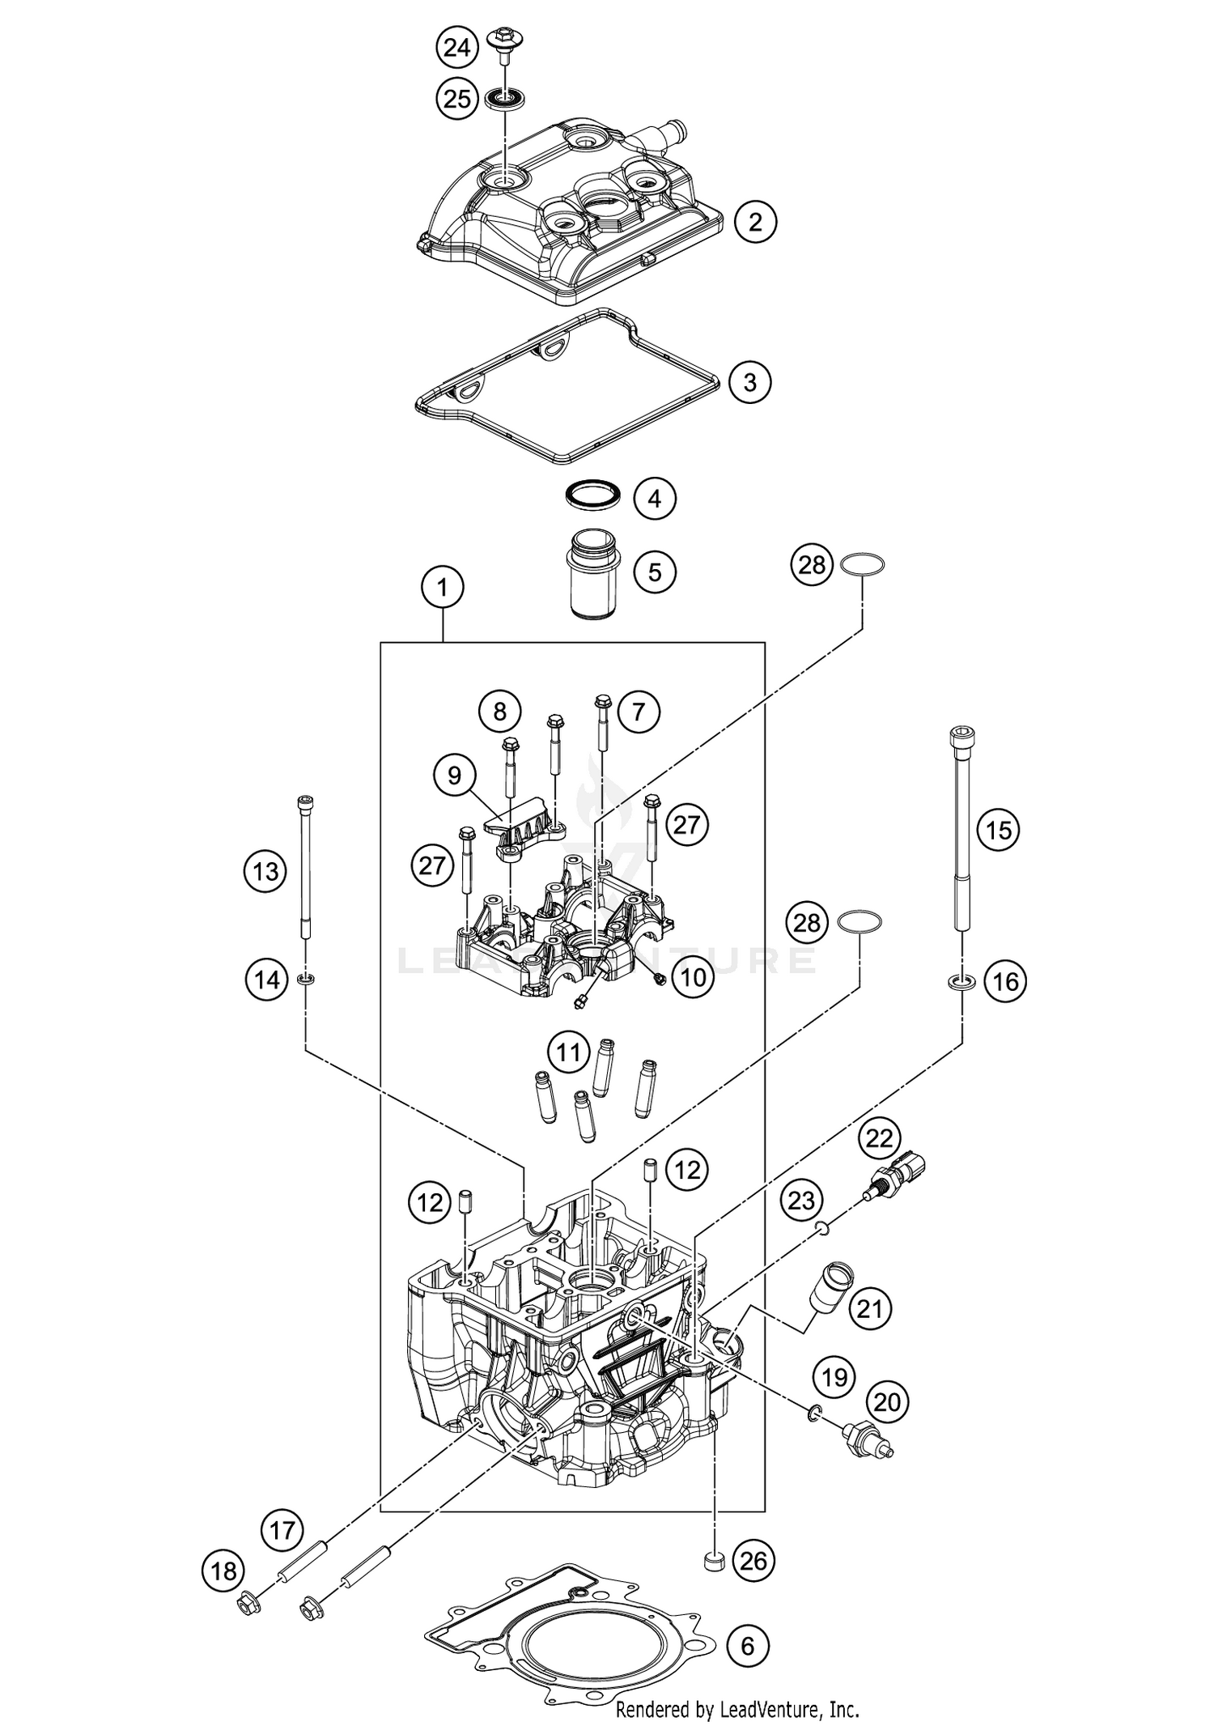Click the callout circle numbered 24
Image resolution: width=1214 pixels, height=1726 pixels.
pyautogui.click(x=457, y=49)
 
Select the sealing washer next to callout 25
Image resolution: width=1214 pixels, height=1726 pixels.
pyautogui.click(x=506, y=100)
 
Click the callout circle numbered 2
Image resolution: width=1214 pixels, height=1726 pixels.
pyautogui.click(x=755, y=221)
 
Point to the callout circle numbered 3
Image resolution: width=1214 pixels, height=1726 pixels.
pyautogui.click(x=749, y=381)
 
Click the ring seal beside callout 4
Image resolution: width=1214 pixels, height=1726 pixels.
pyautogui.click(x=592, y=493)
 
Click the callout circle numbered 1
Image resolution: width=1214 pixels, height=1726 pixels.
pyautogui.click(x=442, y=587)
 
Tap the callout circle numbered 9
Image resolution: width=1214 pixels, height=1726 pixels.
pyautogui.click(x=454, y=776)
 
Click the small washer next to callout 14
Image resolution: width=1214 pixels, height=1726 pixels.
pyautogui.click(x=306, y=980)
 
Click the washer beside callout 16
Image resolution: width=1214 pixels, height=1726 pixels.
pyautogui.click(x=961, y=983)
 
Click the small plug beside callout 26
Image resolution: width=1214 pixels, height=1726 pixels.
pyautogui.click(x=713, y=1562)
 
